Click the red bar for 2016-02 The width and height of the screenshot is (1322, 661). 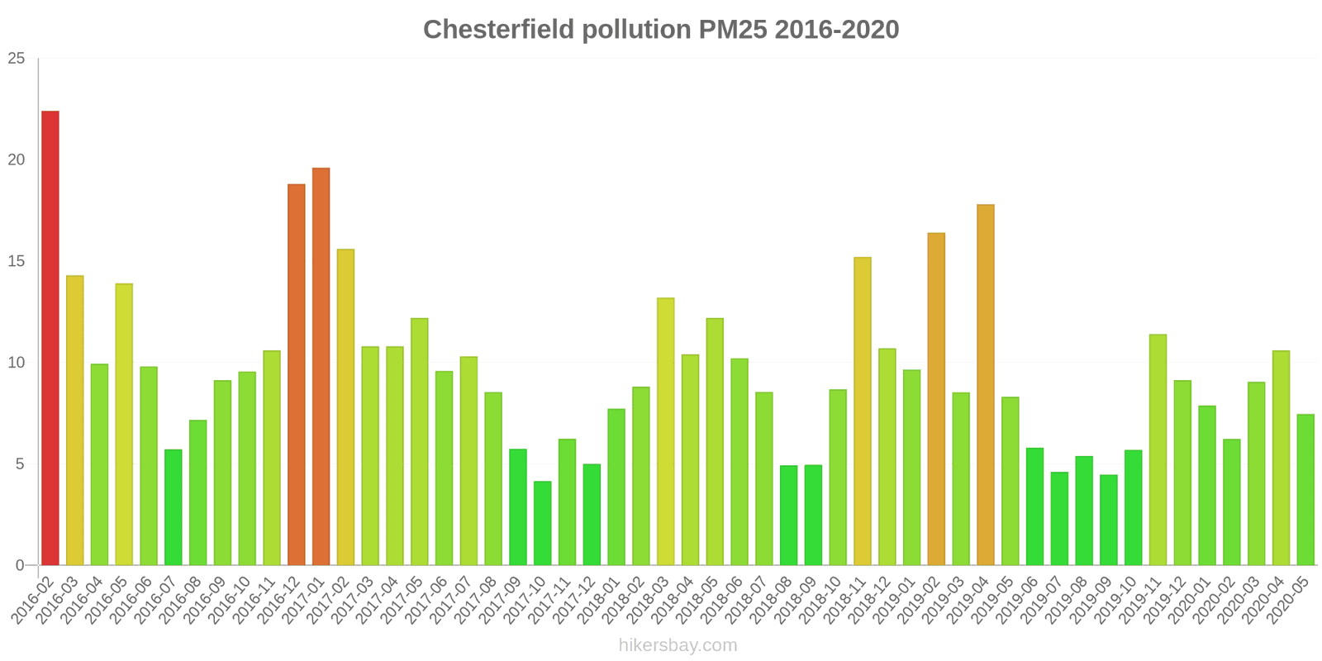point(50,338)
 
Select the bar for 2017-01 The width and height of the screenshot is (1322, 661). point(321,367)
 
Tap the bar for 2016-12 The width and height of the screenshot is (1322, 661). point(297,375)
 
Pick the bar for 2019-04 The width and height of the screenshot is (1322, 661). point(986,385)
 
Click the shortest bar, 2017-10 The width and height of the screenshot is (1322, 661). point(542,524)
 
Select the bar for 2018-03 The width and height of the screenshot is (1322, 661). point(665,431)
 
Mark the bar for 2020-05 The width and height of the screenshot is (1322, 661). point(1305,490)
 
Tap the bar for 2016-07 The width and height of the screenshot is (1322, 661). point(174,507)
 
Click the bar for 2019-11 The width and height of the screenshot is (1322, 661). point(1158,449)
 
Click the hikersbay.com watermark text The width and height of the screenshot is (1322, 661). point(678,645)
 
